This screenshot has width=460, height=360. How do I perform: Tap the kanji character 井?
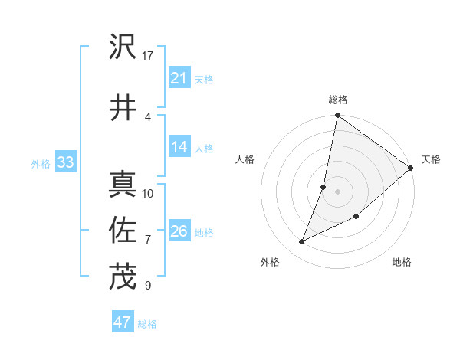coord(123,106)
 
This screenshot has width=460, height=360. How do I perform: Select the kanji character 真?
coord(123,183)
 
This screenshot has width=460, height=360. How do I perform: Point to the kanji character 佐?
coord(123,230)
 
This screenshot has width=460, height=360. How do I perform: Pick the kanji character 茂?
coord(123,277)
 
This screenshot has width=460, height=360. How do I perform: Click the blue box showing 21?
coord(179,78)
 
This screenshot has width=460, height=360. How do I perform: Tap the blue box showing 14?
coord(179,148)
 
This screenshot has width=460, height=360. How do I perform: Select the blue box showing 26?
coord(179,231)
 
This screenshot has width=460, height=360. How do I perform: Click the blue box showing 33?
coord(64,162)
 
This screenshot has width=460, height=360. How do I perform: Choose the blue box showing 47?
coord(122,322)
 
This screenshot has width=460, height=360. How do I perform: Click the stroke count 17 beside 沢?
coord(148,55)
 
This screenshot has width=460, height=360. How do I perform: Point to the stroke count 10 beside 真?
coord(148,193)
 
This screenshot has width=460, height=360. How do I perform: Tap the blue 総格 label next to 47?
coord(147,324)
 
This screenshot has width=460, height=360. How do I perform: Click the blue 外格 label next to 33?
coord(41,163)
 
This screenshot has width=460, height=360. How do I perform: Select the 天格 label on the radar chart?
coord(431,159)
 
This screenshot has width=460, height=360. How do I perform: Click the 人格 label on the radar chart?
coord(245,159)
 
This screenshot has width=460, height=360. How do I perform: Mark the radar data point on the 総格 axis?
coord(337,116)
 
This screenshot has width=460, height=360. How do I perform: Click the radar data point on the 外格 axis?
coord(302,242)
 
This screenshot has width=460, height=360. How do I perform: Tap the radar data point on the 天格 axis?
coord(411,169)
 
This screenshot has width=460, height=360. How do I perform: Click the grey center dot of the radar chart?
coord(337,191)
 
